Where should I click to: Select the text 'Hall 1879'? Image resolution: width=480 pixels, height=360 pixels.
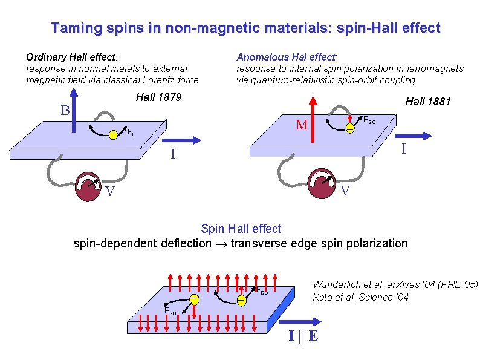[158, 97]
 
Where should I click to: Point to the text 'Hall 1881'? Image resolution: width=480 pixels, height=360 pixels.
[427, 102]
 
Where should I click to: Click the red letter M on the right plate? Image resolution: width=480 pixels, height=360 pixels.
[302, 125]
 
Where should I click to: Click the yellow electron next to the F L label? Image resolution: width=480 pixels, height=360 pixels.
[113, 135]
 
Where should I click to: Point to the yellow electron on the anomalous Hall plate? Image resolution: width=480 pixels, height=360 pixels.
[350, 128]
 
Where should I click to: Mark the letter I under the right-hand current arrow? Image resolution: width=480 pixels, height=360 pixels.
[404, 146]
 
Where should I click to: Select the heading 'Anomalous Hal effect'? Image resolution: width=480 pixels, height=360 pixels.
[287, 57]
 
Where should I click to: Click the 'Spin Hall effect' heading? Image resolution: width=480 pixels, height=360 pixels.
[241, 229]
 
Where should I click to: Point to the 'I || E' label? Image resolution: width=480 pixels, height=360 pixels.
[303, 336]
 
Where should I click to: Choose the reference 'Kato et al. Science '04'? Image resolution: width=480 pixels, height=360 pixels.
[360, 297]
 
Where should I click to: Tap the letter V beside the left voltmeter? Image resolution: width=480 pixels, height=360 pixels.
[109, 192]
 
